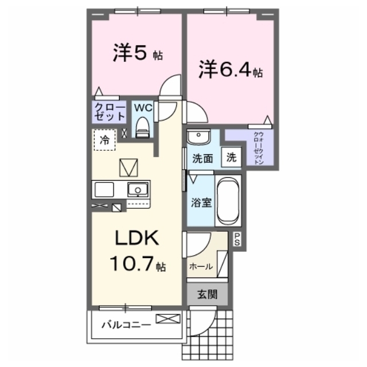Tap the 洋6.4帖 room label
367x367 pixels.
coord(231,69)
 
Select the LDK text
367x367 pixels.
coord(137,238)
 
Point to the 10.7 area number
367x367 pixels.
coord(131,264)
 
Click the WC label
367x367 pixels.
coord(143,108)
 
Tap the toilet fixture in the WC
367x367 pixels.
coord(143,127)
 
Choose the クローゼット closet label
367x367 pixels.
coord(110,112)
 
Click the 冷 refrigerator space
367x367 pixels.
coord(104,140)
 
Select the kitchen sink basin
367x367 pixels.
coord(138,189)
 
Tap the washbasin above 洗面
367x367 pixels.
coord(199,137)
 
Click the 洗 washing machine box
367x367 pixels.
coord(231,157)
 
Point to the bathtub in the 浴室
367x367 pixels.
coord(228,201)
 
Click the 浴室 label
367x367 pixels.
coord(201,202)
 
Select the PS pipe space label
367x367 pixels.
coord(237,239)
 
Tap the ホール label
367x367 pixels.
coord(201,266)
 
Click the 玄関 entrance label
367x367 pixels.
coord(208,294)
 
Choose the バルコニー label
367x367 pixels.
coord(126,325)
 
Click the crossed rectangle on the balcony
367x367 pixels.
coord(168,319)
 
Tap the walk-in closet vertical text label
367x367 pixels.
coord(259,148)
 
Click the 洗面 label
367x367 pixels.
coord(202,159)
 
